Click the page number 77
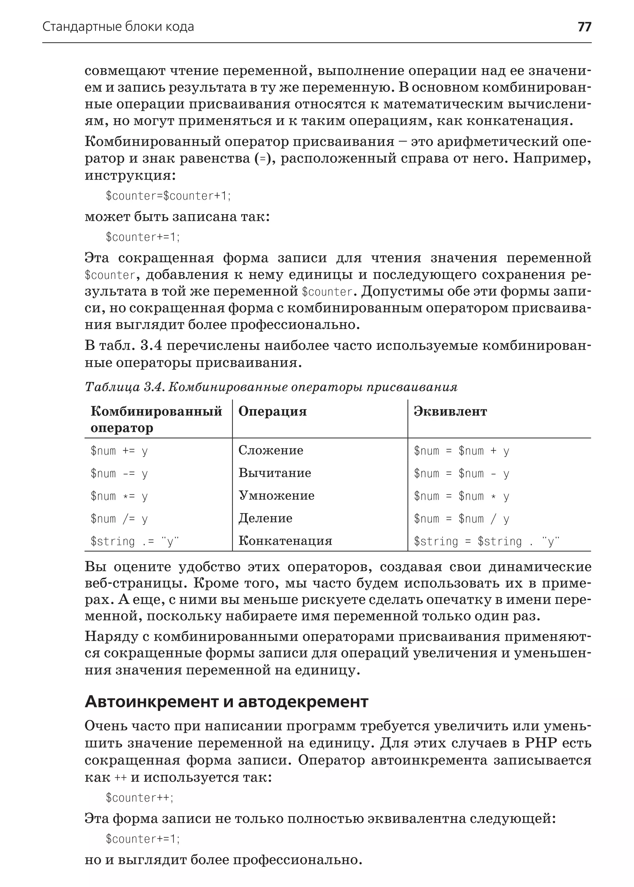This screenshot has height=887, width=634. pyautogui.click(x=584, y=27)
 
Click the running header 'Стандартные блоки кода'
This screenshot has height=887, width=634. pyautogui.click(x=118, y=27)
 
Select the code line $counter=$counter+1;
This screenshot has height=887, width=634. pyautogui.click(x=168, y=195)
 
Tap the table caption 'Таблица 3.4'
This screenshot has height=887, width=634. pyautogui.click(x=271, y=387)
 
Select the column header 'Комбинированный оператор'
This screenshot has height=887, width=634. pyautogui.click(x=156, y=419)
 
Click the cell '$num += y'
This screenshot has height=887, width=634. pyautogui.click(x=119, y=451)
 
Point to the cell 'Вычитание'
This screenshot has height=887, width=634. pyautogui.click(x=275, y=473)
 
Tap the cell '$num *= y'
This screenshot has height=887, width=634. pyautogui.click(x=119, y=496)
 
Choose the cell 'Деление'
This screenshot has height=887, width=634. pyautogui.click(x=266, y=518)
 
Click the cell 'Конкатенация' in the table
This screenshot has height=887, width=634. pyautogui.click(x=285, y=541)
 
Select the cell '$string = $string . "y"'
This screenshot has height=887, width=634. pyautogui.click(x=486, y=542)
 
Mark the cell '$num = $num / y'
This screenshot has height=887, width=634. pyautogui.click(x=462, y=519)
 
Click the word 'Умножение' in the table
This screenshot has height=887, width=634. pyautogui.click(x=276, y=495)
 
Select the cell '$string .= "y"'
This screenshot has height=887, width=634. pyautogui.click(x=135, y=542)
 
